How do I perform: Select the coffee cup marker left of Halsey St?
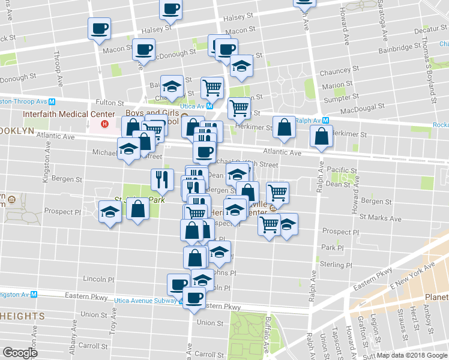point(99,28)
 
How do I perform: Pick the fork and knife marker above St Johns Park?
point(161,178)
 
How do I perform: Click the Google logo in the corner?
point(20,353)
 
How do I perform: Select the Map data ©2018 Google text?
point(412,355)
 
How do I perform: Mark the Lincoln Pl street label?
point(98,279)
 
